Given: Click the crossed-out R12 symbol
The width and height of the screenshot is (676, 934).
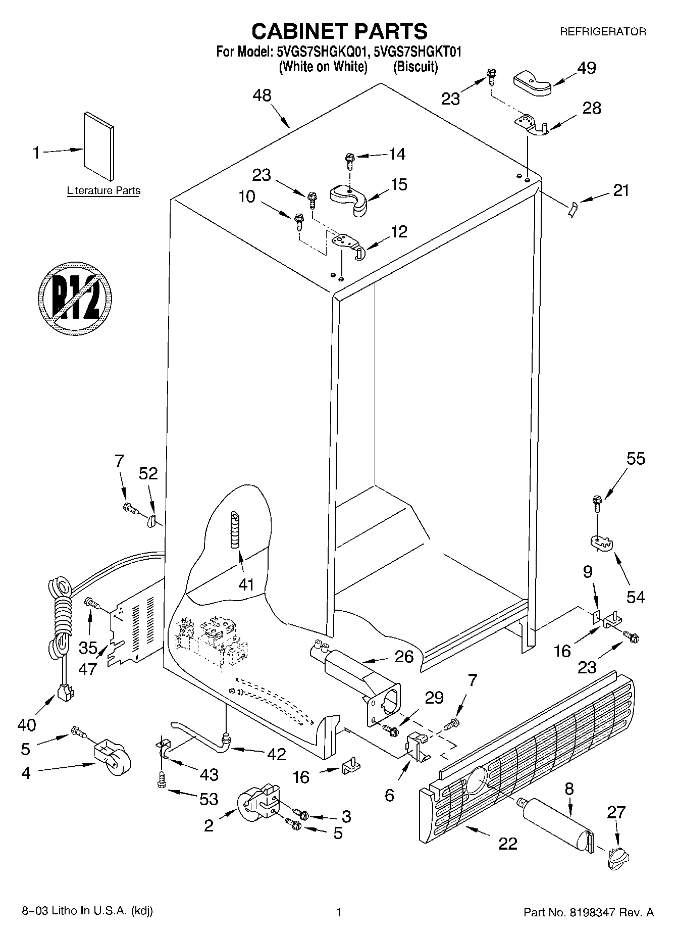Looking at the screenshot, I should pyautogui.click(x=75, y=298).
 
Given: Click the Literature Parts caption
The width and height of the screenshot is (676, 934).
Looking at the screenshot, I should pyautogui.click(x=103, y=190).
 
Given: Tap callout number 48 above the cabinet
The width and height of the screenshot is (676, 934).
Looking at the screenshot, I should pyautogui.click(x=263, y=95).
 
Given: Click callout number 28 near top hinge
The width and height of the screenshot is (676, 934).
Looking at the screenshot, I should pyautogui.click(x=592, y=108).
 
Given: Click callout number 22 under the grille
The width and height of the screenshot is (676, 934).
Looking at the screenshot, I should pyautogui.click(x=507, y=843).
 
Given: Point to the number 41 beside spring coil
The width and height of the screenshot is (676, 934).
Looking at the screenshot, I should pyautogui.click(x=246, y=584).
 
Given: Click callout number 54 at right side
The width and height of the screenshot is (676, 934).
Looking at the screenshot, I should pyautogui.click(x=636, y=597).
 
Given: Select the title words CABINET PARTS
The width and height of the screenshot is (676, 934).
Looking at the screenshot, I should pyautogui.click(x=339, y=31).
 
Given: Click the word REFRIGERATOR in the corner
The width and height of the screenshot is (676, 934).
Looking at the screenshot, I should pyautogui.click(x=603, y=32).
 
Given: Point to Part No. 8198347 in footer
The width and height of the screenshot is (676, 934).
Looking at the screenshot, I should pyautogui.click(x=589, y=912).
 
